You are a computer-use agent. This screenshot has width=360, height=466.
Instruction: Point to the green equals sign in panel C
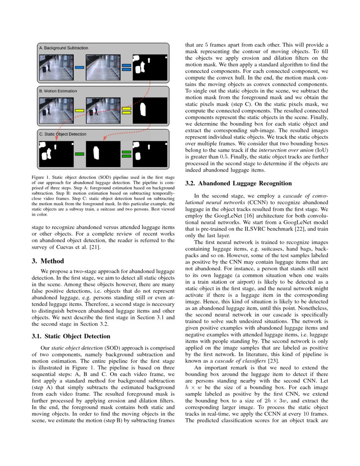(126, 154)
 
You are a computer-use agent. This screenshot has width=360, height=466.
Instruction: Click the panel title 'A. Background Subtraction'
(64, 48)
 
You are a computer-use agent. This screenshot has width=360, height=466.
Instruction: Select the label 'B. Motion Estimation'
(58, 91)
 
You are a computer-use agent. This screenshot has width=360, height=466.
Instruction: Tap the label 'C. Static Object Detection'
(63, 134)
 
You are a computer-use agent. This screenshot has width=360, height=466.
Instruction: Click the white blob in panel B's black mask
(143, 109)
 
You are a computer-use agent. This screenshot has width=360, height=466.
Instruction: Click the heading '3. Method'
(47, 261)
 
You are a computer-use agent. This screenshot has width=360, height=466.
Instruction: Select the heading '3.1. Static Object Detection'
(71, 336)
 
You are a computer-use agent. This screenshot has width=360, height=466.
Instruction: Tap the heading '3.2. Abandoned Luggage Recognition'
(239, 183)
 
